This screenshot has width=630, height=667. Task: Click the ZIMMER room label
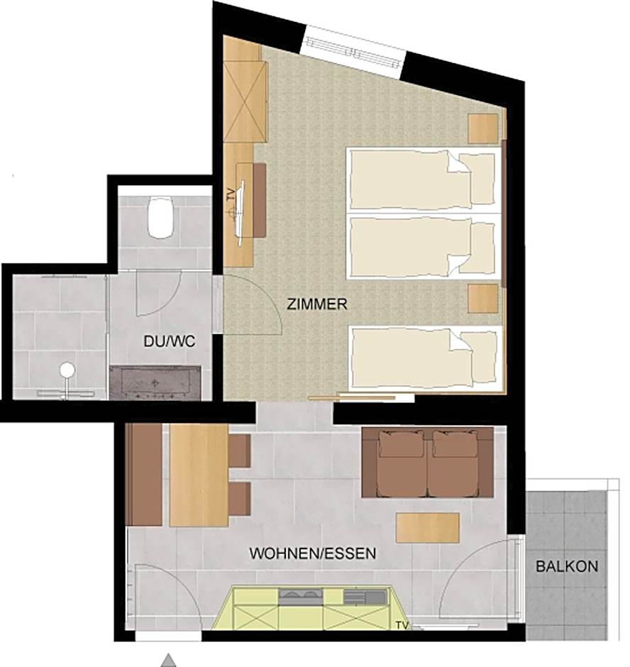(317, 305)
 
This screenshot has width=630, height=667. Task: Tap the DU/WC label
(169, 341)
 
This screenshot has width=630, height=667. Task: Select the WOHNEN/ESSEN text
(313, 553)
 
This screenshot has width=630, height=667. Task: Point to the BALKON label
(567, 567)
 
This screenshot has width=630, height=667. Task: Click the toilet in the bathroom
(161, 216)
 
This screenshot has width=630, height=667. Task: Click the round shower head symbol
(67, 370)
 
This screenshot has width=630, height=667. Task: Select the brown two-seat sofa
(428, 462)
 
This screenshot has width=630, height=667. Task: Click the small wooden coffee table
(428, 527)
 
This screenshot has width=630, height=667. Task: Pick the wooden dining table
(199, 475)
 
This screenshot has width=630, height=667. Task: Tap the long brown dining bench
(145, 475)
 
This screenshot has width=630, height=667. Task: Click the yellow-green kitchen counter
(312, 609)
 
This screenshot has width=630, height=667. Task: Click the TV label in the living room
(403, 626)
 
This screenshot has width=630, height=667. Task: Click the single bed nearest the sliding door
(424, 359)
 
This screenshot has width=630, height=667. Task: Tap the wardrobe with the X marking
(245, 102)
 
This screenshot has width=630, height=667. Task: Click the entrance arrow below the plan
(168, 660)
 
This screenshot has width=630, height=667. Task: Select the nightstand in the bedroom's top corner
(484, 128)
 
